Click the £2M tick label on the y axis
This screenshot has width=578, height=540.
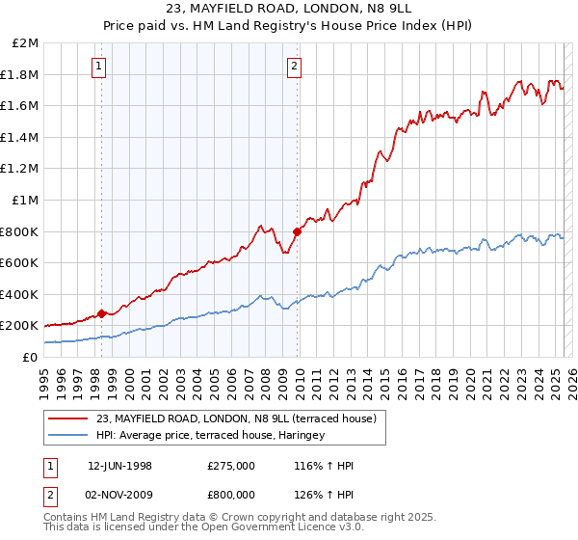click(26, 43)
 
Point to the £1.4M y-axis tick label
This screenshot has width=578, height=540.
click(21, 137)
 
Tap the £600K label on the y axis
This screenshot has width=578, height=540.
click(20, 262)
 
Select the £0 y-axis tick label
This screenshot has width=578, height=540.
click(31, 357)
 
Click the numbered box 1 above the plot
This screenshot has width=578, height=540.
click(99, 67)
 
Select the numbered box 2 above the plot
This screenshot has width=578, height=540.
click(294, 67)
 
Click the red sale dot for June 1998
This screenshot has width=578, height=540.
click(101, 313)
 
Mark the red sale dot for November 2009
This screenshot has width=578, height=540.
click(297, 231)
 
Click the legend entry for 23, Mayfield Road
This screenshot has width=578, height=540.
click(241, 418)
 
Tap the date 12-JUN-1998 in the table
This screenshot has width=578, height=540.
click(120, 466)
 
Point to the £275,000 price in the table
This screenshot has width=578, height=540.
click(230, 466)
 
